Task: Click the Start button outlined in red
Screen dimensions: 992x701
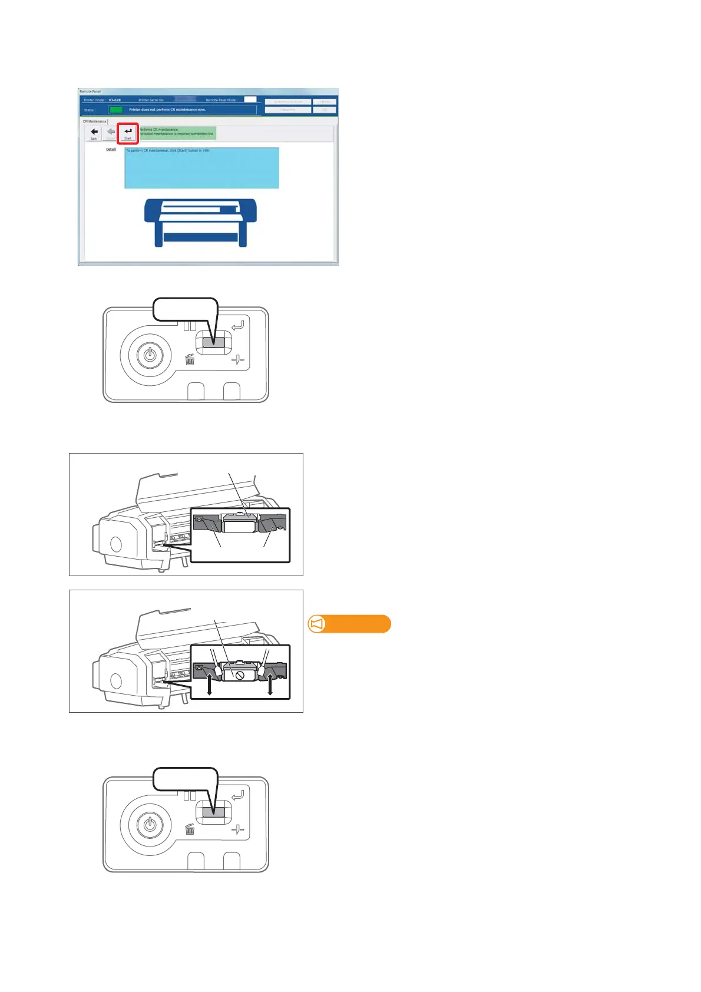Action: pyautogui.click(x=128, y=133)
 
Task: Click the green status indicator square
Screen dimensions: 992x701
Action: pyautogui.click(x=116, y=110)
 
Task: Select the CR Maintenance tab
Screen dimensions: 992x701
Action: pyautogui.click(x=94, y=121)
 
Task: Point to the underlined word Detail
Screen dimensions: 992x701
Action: pyautogui.click(x=111, y=150)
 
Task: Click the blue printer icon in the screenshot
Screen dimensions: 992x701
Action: pyautogui.click(x=200, y=222)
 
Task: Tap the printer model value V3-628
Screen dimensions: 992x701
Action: pyautogui.click(x=114, y=100)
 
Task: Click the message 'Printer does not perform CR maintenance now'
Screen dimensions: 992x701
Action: pyautogui.click(x=167, y=110)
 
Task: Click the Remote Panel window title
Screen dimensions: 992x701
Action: pyautogui.click(x=90, y=91)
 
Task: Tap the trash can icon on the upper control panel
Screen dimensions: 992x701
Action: pyautogui.click(x=190, y=359)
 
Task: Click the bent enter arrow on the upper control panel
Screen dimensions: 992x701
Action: pyautogui.click(x=238, y=325)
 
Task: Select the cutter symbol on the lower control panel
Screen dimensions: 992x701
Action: pyautogui.click(x=238, y=830)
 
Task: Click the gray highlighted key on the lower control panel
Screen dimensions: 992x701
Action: pyautogui.click(x=213, y=812)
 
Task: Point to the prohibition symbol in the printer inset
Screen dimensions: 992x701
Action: pyautogui.click(x=240, y=675)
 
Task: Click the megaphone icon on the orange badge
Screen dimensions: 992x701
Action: pyautogui.click(x=317, y=624)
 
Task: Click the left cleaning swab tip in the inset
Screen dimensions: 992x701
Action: pyautogui.click(x=217, y=670)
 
